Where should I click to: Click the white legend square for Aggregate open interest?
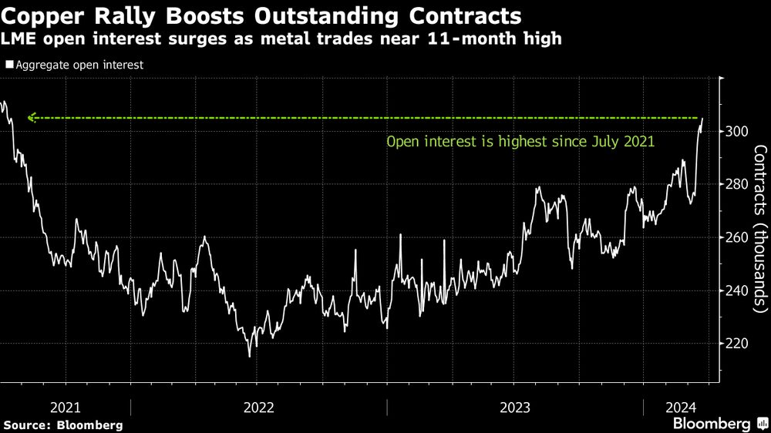point(9,65)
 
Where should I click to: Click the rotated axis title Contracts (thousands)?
point(759,229)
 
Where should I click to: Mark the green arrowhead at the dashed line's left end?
point(31,118)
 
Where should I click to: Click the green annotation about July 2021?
point(520,142)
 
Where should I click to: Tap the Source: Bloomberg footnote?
point(63,425)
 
